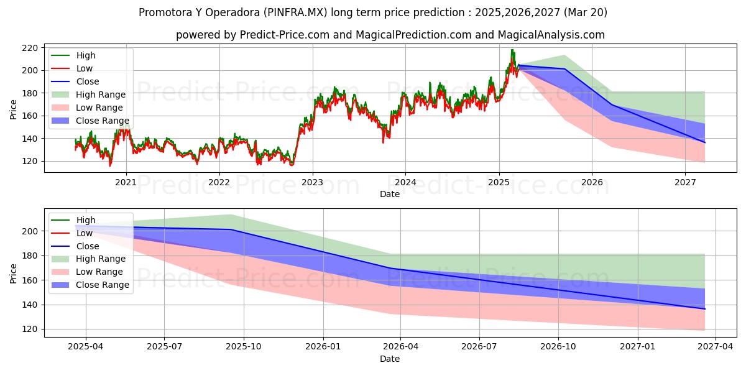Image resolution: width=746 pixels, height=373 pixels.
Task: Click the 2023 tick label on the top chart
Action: [312, 183]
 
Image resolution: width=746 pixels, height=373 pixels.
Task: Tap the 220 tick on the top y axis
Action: [30, 48]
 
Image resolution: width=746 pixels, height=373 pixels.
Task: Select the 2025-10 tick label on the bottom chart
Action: [244, 347]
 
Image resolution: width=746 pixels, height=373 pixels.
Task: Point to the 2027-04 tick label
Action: [715, 347]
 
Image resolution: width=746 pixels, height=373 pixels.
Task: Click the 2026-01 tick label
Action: [323, 347]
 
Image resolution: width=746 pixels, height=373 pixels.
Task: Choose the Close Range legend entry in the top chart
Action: [90, 121]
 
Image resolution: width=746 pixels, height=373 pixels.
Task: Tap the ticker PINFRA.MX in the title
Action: [295, 12]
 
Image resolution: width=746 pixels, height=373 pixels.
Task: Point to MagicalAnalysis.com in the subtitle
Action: [551, 35]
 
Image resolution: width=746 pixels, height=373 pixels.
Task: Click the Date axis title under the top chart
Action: [390, 194]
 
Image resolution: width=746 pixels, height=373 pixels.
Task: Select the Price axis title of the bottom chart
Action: [13, 274]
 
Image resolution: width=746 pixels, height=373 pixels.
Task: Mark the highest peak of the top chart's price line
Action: [512, 50]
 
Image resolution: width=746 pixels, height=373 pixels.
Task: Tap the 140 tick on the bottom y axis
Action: [30, 305]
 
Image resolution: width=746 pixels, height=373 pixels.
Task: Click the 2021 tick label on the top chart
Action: [126, 183]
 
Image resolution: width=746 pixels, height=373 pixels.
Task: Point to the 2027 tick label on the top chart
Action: [685, 183]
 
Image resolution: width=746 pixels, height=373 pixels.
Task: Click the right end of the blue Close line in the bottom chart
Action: [705, 309]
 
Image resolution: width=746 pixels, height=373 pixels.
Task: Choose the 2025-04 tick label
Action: [86, 347]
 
